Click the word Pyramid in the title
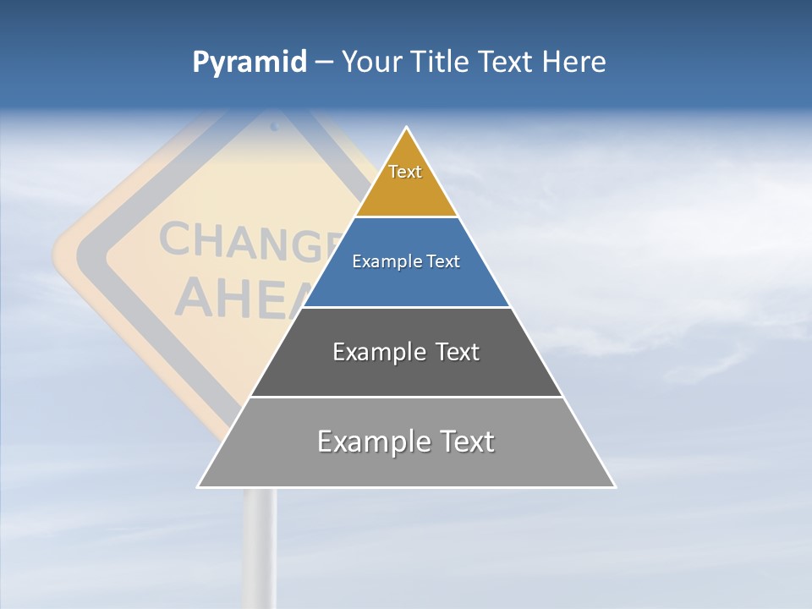click(x=250, y=63)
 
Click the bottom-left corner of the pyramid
click(x=199, y=486)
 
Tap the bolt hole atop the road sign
click(x=274, y=127)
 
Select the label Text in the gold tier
click(x=405, y=172)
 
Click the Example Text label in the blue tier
click(x=406, y=261)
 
